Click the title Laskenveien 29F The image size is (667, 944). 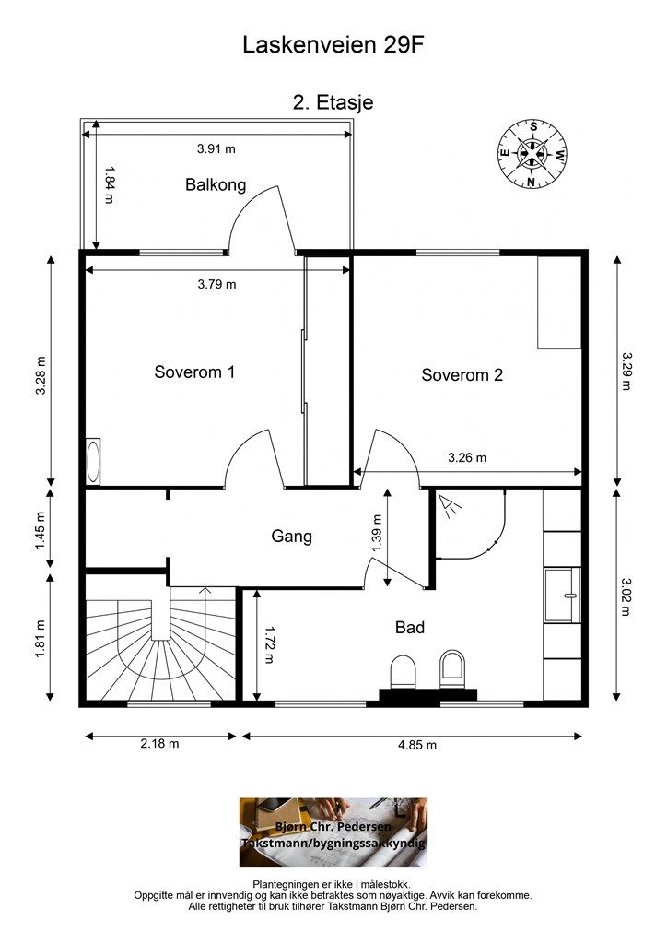pos(333,44)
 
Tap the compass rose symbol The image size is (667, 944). pos(532,154)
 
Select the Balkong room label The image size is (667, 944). pos(216,184)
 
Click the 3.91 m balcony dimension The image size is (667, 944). pos(216,148)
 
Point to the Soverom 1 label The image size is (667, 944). pos(194,372)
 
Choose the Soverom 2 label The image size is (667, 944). pos(462,375)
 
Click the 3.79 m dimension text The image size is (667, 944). pos(216,284)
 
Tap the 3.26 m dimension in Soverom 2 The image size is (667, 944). pos(467,457)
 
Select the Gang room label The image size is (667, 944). pos(292,537)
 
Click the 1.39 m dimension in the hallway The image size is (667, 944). pos(377,533)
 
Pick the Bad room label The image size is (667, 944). pos(410,627)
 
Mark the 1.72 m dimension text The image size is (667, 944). pos(269,644)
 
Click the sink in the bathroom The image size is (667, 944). pos(562,596)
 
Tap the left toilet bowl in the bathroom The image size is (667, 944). pos(403,672)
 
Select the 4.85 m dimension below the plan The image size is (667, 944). pos(416,745)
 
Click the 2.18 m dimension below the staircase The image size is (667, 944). pos(159,744)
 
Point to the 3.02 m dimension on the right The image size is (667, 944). pos(626,597)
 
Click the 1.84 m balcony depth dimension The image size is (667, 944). pos(109,185)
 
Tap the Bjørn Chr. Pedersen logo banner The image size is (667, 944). pos(333,832)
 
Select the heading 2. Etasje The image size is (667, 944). pos(333,101)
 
